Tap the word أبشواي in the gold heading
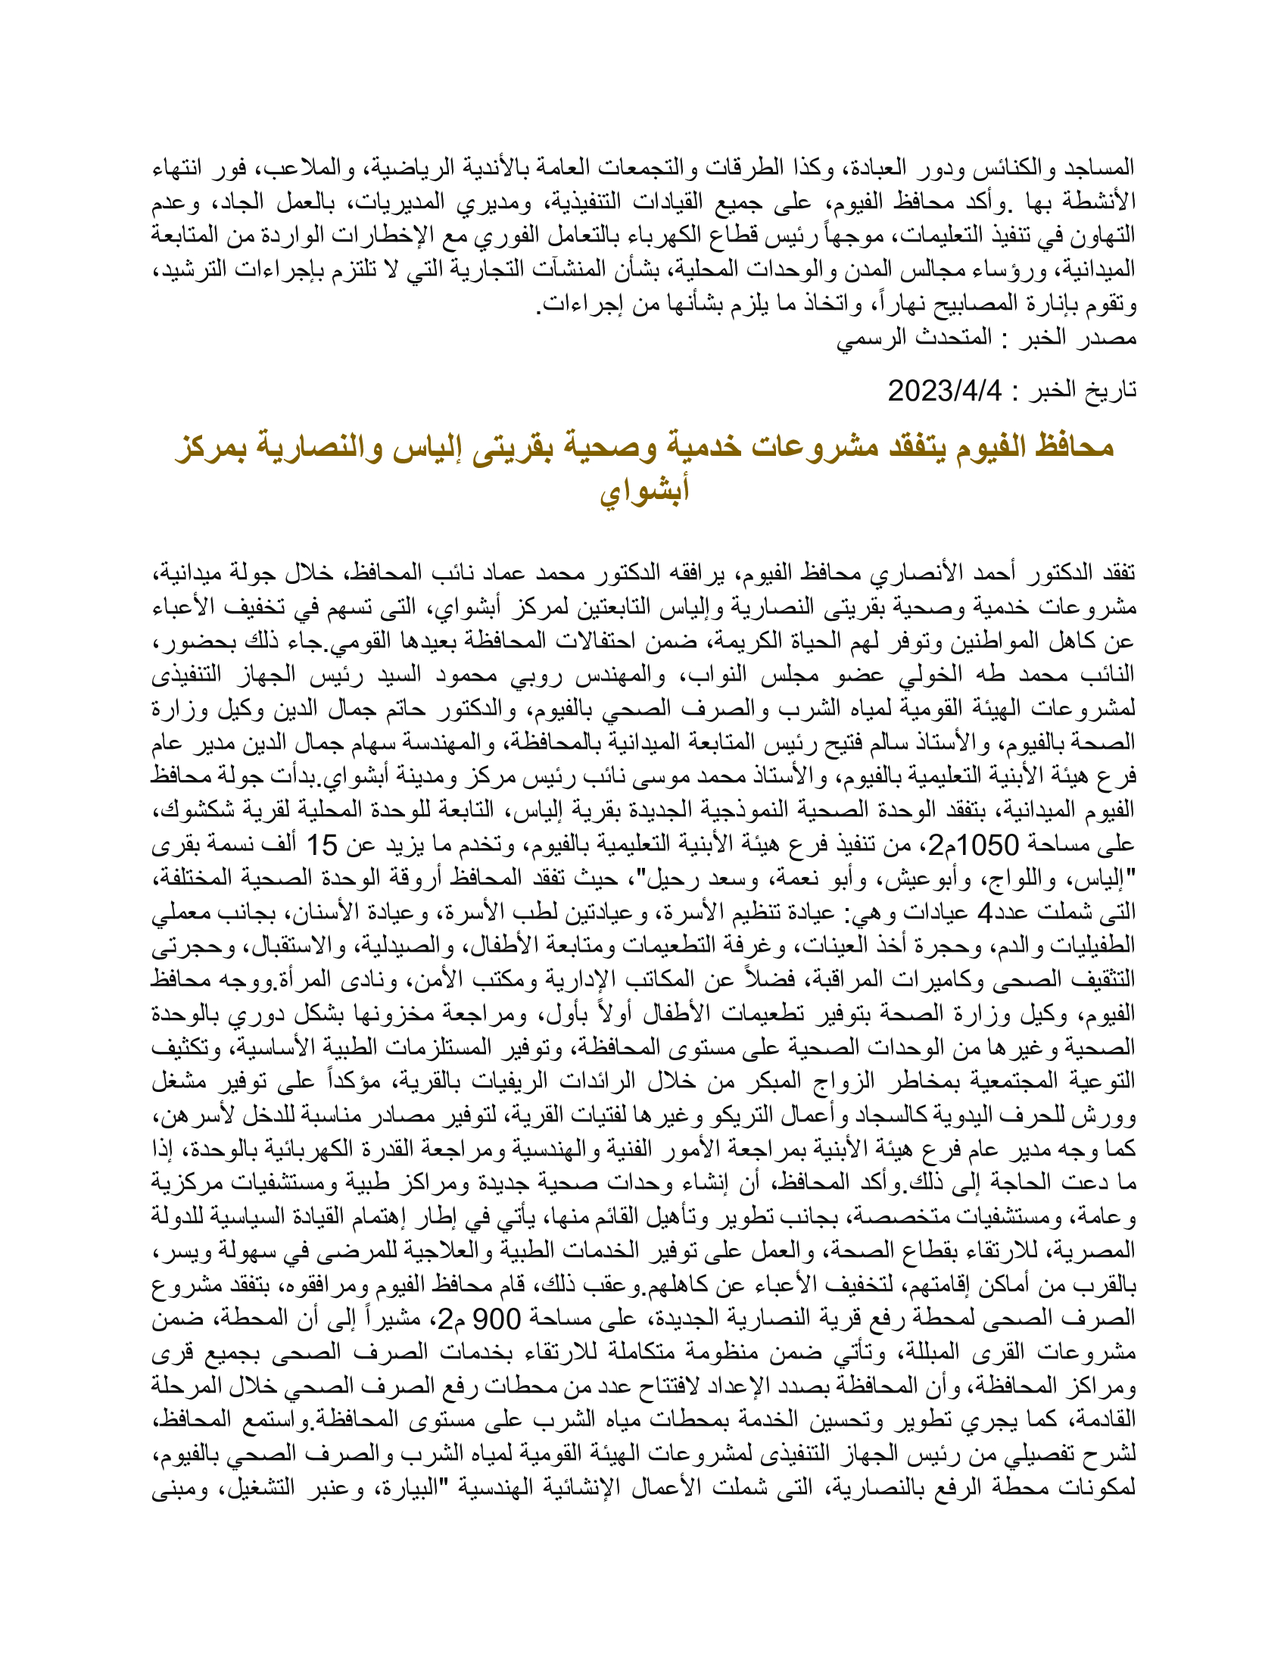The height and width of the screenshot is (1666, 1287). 644,489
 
